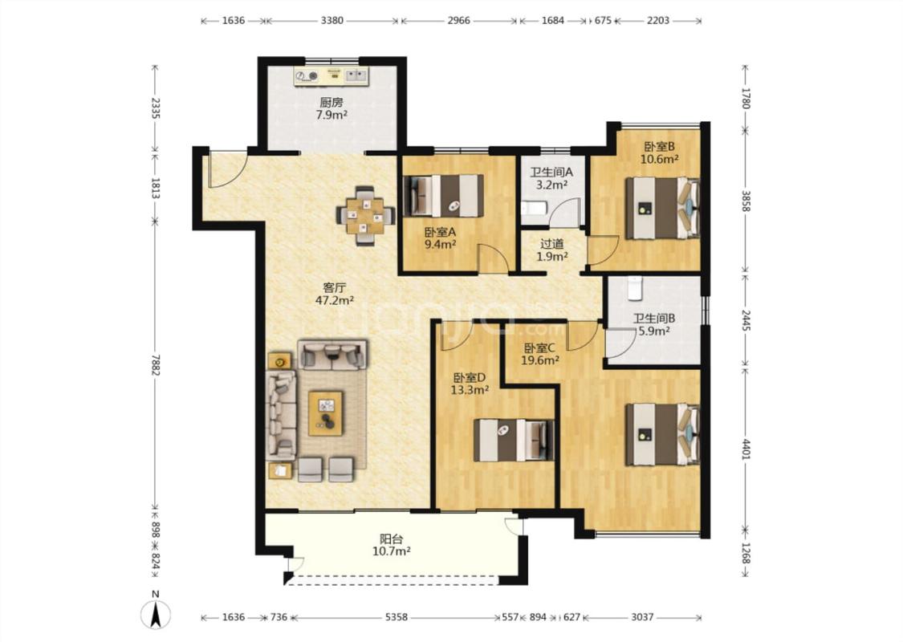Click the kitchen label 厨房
(x=332, y=103)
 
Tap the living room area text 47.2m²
(x=335, y=300)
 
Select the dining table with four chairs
(x=366, y=215)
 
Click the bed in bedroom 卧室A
(x=444, y=196)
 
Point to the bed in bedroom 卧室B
(x=662, y=208)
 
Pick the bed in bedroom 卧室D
(x=514, y=441)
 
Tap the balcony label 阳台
(x=391, y=539)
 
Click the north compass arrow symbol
(x=156, y=614)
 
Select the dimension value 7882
(x=155, y=364)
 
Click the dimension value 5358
(x=396, y=617)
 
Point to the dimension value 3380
(x=332, y=21)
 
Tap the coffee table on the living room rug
(x=325, y=413)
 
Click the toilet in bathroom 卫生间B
(x=634, y=288)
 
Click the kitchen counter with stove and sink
(x=332, y=76)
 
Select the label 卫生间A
(x=551, y=172)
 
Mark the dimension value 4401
(x=746, y=449)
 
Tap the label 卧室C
(x=539, y=347)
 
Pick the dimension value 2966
(x=459, y=21)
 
